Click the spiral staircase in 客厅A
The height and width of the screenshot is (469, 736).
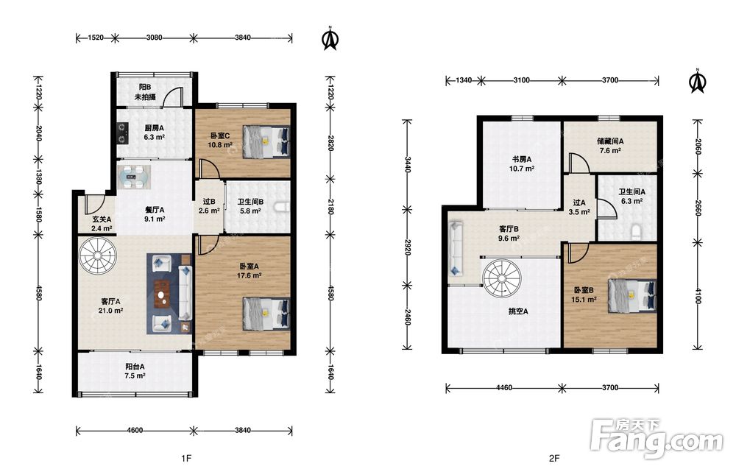pos(98,256)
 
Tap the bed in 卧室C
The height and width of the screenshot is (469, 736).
pos(266,142)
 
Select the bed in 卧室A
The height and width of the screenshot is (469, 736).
pos(266,314)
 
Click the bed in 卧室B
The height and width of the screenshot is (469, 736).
pos(631,296)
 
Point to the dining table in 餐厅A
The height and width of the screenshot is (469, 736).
pos(134,177)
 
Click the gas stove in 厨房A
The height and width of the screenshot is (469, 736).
pos(122,133)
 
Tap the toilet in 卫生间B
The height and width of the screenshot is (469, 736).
pos(282,208)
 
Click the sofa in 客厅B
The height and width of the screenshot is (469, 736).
pos(456,249)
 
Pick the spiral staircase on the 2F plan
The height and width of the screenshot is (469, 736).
pos(502,278)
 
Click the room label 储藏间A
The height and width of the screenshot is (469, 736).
pos(610,141)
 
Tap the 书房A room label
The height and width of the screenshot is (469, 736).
pos(522,159)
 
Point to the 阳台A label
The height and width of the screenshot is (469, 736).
pos(135,367)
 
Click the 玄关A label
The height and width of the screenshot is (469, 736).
pos(102,219)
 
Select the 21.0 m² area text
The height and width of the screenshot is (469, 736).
pos(111,310)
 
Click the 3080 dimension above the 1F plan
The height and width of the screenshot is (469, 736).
pos(155,38)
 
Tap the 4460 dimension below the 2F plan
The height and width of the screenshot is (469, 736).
pos(504,388)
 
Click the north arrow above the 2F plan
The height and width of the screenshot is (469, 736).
pos(698,81)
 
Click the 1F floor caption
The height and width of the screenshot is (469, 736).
pos(186,458)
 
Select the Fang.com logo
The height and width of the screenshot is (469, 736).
pos(657,439)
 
